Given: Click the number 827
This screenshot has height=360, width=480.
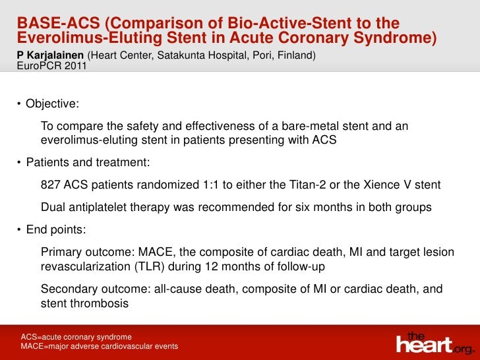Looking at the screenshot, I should click(x=51, y=185).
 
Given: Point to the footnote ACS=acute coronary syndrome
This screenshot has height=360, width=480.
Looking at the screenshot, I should click(x=76, y=336).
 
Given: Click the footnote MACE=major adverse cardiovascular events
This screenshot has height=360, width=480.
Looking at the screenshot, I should click(x=100, y=346).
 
